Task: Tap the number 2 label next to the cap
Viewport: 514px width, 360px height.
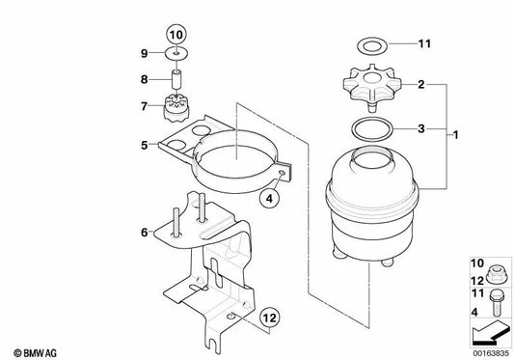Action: (x=419, y=86)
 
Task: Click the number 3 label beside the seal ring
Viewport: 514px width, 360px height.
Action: (x=419, y=127)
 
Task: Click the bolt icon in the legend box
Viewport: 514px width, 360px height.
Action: (x=495, y=300)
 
